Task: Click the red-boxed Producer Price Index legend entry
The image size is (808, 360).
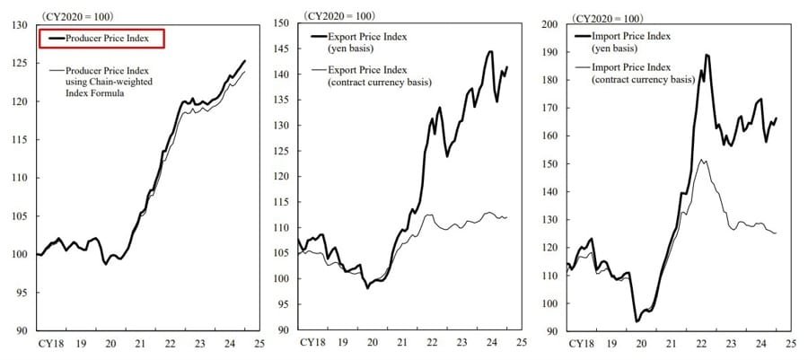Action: point(100,38)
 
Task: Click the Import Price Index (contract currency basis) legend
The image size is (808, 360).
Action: point(643,73)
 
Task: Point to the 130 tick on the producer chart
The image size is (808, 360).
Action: point(19,24)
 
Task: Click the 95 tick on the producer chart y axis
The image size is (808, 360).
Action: point(21,293)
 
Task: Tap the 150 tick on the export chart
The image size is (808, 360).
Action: point(280,24)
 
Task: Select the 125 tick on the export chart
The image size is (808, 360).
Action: point(280,152)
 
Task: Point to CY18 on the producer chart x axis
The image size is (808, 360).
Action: point(48,344)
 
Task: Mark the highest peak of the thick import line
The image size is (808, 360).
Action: point(707,55)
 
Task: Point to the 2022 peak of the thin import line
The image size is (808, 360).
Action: point(701,160)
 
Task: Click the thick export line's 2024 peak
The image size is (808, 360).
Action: point(490,51)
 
